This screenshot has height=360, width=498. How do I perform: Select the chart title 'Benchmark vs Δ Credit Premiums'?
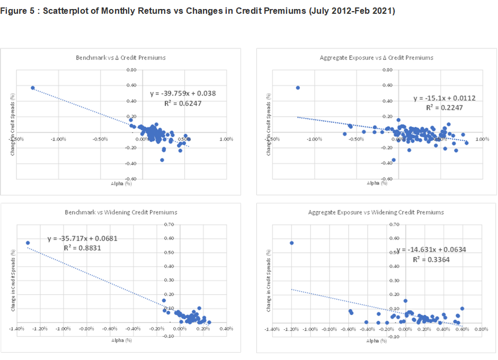click(x=121, y=57)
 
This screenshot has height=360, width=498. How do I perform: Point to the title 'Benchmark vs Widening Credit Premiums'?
click(x=121, y=212)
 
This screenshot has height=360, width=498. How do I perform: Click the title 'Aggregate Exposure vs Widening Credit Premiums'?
click(x=376, y=212)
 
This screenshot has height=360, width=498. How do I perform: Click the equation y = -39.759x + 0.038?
click(x=183, y=93)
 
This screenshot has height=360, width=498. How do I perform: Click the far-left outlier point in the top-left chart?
click(x=32, y=88)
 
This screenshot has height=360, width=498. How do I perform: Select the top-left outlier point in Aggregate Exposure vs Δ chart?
click(x=298, y=87)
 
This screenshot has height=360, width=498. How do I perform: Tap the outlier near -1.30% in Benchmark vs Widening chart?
click(x=28, y=243)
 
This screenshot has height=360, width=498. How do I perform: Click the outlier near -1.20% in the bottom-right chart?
click(x=291, y=243)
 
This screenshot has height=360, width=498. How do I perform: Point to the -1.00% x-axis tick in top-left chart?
click(x=58, y=139)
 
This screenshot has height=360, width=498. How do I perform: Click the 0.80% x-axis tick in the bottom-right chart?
click(x=481, y=329)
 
